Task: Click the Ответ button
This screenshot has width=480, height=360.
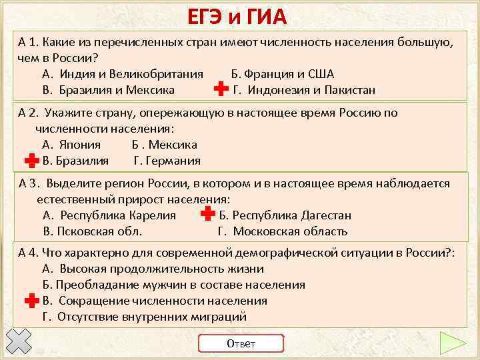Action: click(x=241, y=343)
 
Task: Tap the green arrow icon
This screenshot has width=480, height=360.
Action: click(x=453, y=343)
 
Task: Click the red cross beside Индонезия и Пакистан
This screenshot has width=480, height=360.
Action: click(x=219, y=90)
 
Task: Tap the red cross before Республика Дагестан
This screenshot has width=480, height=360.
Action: click(x=207, y=215)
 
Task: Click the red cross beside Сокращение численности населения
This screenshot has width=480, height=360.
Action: click(x=31, y=301)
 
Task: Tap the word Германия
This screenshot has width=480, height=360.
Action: click(x=167, y=161)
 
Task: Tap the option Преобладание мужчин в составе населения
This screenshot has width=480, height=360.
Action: click(x=173, y=285)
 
